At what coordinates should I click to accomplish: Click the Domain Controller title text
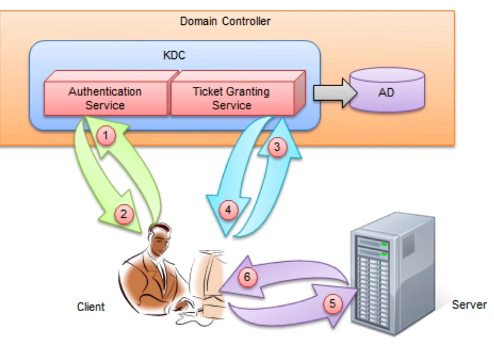[225, 21]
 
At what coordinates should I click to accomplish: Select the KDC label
[174, 55]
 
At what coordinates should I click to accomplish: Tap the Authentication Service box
[105, 98]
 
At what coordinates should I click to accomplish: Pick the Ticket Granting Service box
[232, 98]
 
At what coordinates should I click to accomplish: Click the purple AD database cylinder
[386, 92]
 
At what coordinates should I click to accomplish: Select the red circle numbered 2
[123, 214]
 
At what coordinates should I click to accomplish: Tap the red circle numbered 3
[278, 147]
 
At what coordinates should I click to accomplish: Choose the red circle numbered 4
[228, 210]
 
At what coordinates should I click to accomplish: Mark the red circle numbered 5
[333, 304]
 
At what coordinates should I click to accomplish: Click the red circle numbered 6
[247, 277]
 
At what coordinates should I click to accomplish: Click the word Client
[91, 307]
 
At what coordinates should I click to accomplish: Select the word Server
[469, 304]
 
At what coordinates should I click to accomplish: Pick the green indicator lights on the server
[384, 249]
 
